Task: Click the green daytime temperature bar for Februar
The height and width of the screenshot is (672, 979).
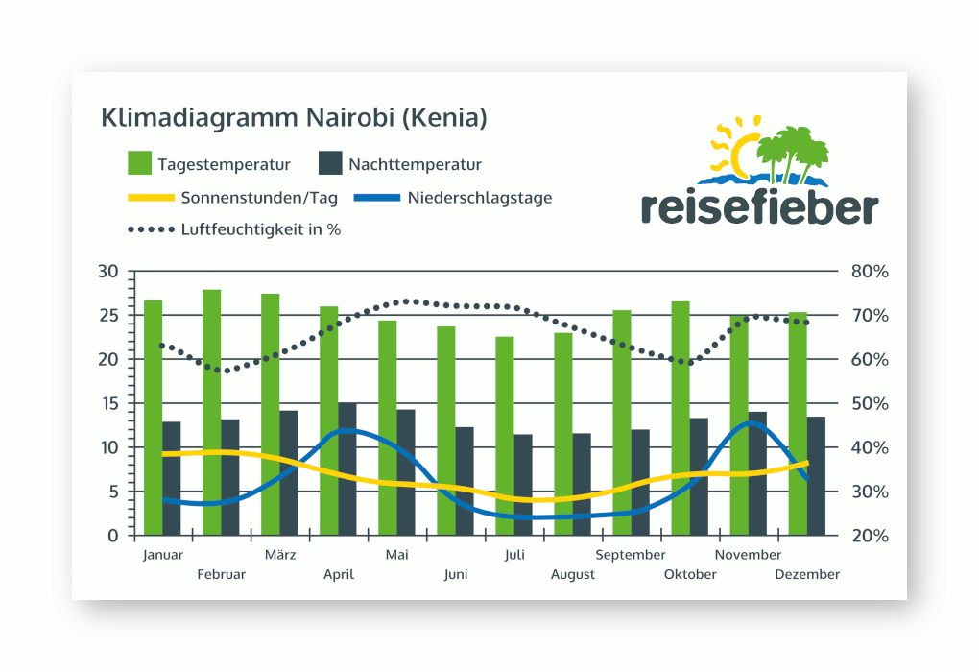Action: [211, 412]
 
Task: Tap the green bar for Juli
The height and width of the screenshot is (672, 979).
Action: [504, 436]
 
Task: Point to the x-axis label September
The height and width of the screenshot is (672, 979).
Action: [630, 555]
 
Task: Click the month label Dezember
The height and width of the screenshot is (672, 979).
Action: [808, 574]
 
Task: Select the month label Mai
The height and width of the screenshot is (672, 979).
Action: [396, 555]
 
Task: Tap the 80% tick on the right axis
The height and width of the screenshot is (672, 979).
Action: [870, 272]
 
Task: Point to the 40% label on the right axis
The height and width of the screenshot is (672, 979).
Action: [870, 448]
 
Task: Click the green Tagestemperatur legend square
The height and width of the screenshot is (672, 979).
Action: [140, 164]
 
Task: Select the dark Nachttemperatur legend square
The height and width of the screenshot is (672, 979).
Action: [330, 164]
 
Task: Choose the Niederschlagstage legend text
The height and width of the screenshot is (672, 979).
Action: [479, 199]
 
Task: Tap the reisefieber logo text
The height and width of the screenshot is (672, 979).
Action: [759, 206]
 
